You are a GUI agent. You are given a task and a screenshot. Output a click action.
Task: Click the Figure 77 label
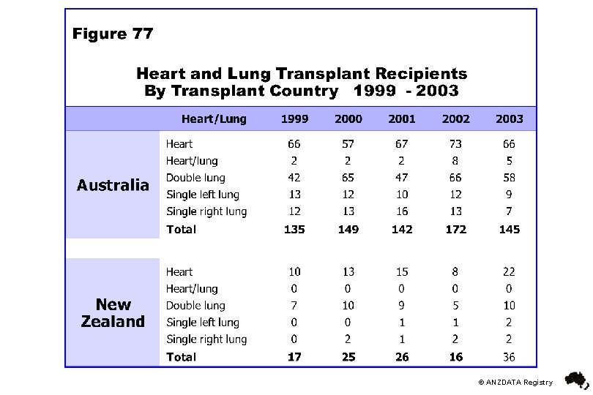[x=113, y=33]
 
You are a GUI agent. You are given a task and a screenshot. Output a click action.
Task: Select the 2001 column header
[x=402, y=118]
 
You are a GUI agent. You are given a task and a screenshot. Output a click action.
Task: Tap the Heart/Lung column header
[x=214, y=118]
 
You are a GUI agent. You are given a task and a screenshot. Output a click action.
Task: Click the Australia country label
[x=113, y=185]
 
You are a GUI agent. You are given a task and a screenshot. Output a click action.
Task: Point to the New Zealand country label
[x=113, y=313]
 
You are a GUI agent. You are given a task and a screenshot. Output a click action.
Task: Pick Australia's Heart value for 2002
[x=455, y=144]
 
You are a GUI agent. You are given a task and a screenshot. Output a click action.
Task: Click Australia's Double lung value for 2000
[x=348, y=178]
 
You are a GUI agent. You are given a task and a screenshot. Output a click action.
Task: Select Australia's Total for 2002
[x=455, y=229]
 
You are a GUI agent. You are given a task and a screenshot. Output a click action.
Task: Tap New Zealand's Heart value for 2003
[x=509, y=272]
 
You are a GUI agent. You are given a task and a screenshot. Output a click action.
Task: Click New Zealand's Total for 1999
[x=294, y=357]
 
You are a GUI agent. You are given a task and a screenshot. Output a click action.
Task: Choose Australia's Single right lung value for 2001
[x=402, y=211]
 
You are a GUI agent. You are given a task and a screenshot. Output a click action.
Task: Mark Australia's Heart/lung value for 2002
[x=455, y=161]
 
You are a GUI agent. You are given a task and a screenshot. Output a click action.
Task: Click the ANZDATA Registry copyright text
[x=515, y=382]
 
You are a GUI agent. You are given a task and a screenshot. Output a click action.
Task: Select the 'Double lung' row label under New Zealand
[x=195, y=306]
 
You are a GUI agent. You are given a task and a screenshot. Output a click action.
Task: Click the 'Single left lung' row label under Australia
[x=203, y=195]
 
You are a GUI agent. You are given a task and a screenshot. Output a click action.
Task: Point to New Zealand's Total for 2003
[x=509, y=357]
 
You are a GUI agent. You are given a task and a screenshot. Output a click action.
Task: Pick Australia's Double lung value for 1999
[x=294, y=178]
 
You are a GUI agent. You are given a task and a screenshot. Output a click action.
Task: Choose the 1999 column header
[x=294, y=118]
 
